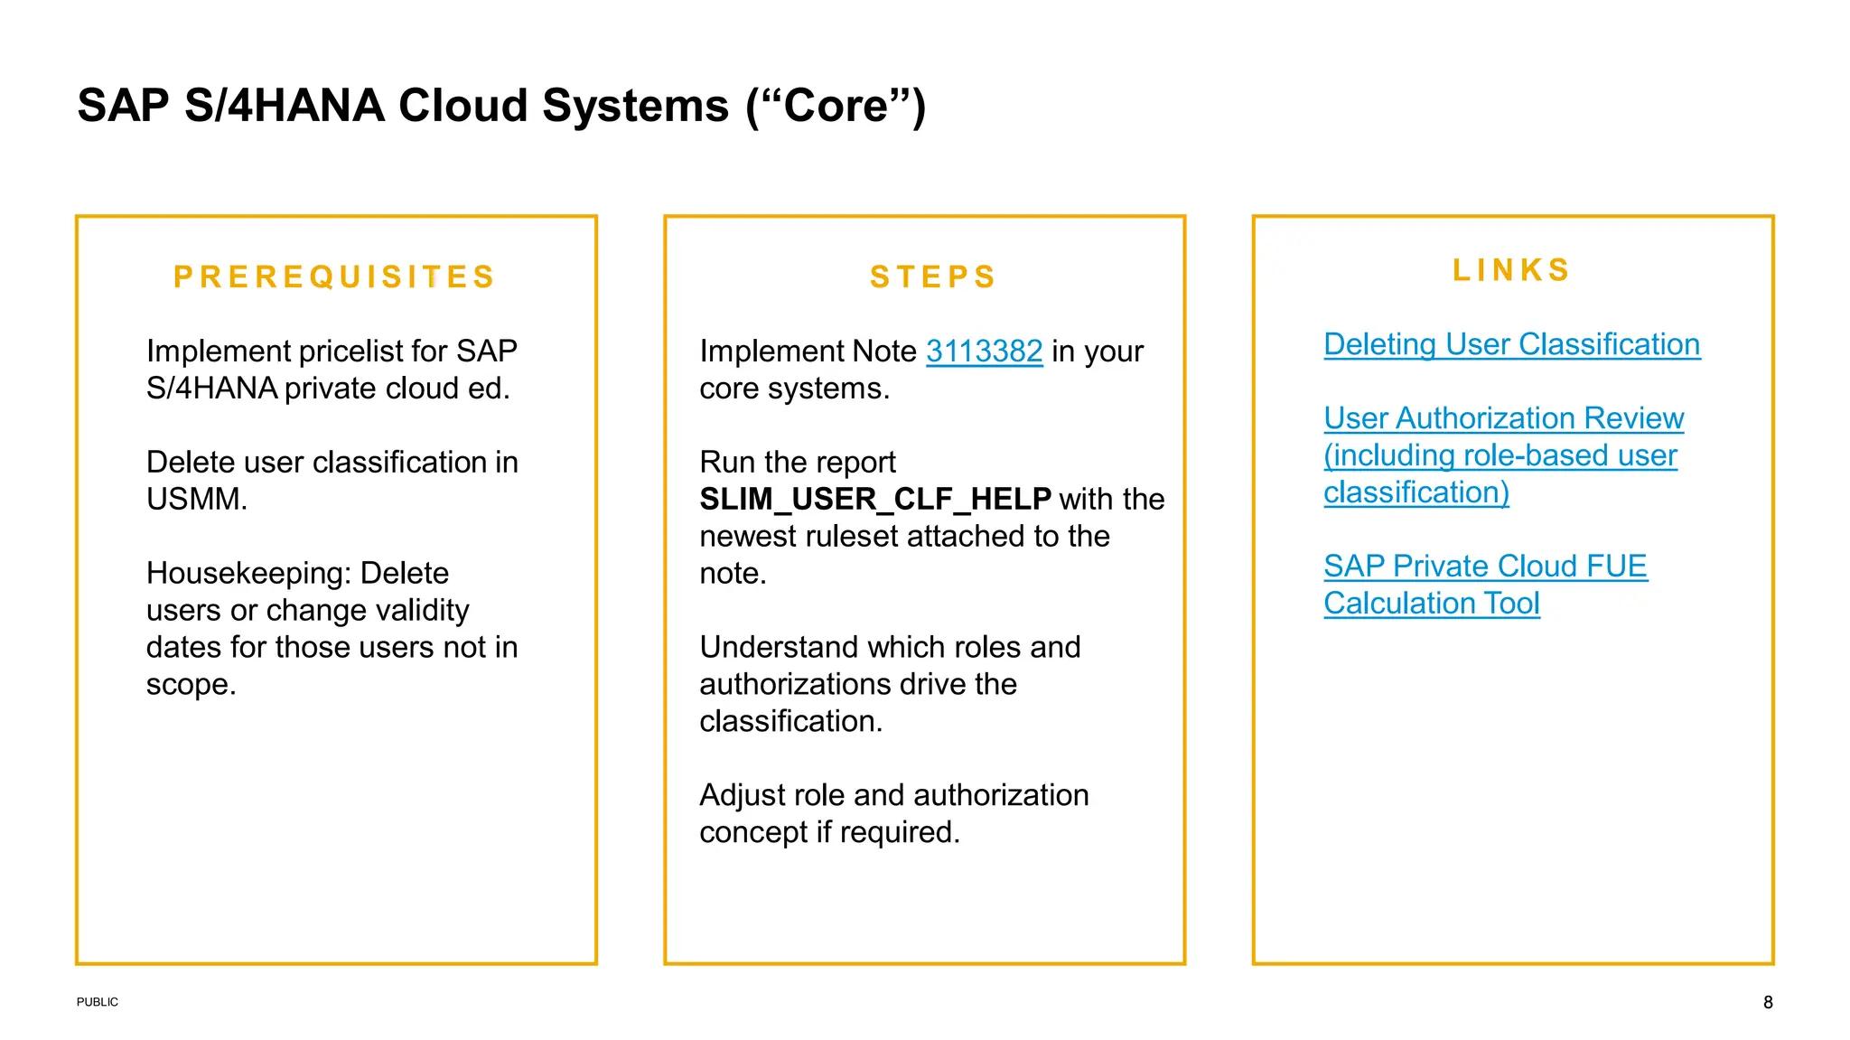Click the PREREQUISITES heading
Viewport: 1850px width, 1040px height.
(x=334, y=276)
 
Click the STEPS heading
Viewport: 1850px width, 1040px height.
(x=932, y=276)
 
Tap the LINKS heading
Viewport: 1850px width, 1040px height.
(x=1511, y=270)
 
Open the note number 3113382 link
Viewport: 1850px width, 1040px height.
(x=984, y=351)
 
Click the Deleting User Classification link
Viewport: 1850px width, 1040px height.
(x=1511, y=344)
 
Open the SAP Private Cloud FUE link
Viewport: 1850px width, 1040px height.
(x=1485, y=567)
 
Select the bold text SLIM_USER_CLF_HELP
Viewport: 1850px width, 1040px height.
(x=874, y=499)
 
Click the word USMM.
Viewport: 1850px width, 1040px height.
(x=196, y=499)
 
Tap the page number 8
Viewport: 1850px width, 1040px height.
(x=1767, y=1002)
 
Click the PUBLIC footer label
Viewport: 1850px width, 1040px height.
(x=97, y=1002)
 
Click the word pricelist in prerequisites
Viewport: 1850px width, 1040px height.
(x=350, y=351)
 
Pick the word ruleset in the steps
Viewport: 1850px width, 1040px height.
(x=852, y=536)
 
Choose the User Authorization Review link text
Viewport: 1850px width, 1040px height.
(x=1503, y=418)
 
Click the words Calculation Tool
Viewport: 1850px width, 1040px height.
(x=1431, y=604)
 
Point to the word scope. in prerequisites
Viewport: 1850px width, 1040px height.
(x=191, y=684)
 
